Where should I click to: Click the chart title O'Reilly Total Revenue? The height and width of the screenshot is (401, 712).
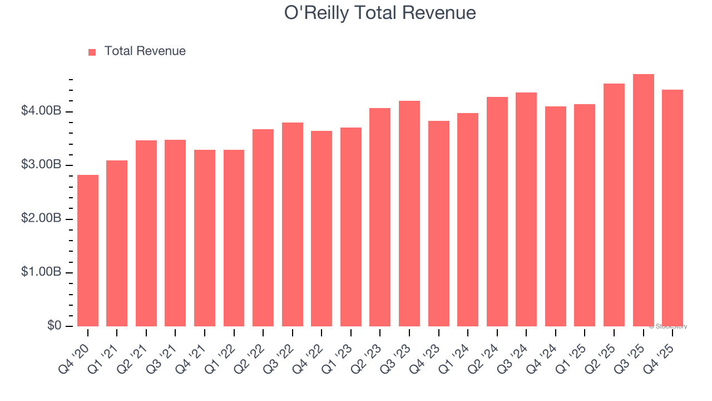pyautogui.click(x=380, y=13)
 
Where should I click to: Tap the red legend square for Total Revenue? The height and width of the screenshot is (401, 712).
pyautogui.click(x=92, y=52)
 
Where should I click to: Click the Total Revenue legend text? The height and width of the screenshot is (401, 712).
pyautogui.click(x=145, y=51)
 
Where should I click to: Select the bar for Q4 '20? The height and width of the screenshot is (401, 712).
pyautogui.click(x=88, y=251)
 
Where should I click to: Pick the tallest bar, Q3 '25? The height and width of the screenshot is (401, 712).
pyautogui.click(x=644, y=200)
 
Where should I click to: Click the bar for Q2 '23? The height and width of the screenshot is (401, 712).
pyautogui.click(x=380, y=217)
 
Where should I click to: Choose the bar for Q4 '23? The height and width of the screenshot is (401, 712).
pyautogui.click(x=438, y=223)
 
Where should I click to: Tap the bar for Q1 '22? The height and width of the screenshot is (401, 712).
pyautogui.click(x=234, y=238)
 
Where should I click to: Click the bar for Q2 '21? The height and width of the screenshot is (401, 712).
pyautogui.click(x=146, y=233)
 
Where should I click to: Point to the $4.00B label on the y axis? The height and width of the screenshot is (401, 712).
pyautogui.click(x=41, y=111)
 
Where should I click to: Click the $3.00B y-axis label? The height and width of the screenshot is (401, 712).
pyautogui.click(x=41, y=165)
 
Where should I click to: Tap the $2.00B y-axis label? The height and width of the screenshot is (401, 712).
pyautogui.click(x=41, y=218)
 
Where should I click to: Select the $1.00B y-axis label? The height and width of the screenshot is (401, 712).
pyautogui.click(x=41, y=272)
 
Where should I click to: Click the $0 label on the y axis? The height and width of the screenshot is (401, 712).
pyautogui.click(x=54, y=325)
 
